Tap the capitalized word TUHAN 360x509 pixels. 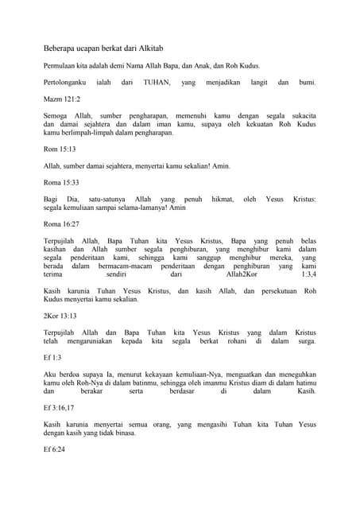tap(157, 82)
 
